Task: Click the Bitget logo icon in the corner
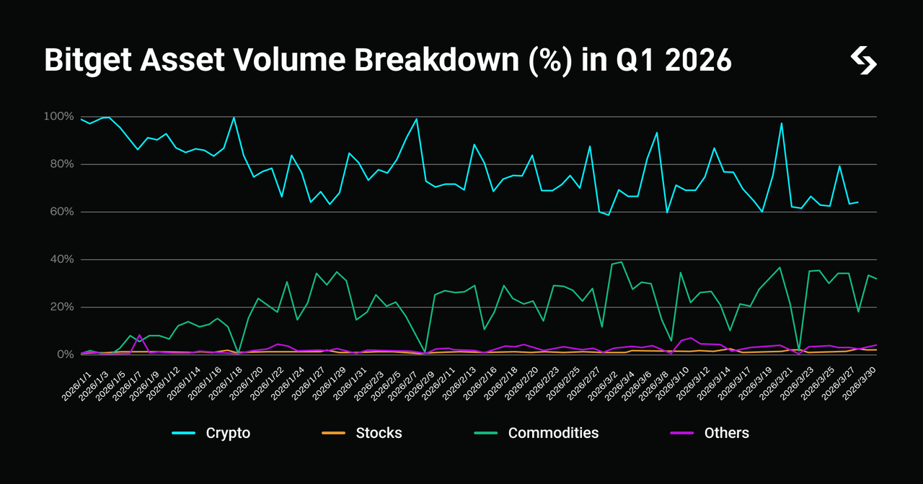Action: (863, 60)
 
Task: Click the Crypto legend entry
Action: (228, 433)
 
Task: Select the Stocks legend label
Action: (379, 433)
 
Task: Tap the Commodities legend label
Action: (553, 433)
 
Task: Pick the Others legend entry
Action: (726, 433)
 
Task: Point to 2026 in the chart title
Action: (698, 60)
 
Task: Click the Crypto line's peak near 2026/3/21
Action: (782, 123)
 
